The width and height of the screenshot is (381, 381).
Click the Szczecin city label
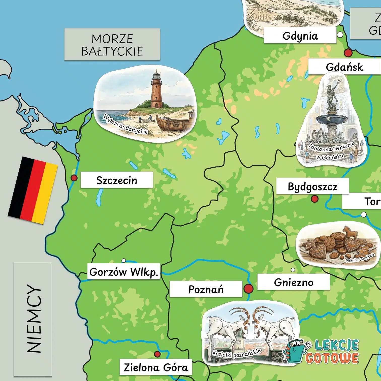tap(117, 180)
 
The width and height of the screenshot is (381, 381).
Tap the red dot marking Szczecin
tap(74, 178)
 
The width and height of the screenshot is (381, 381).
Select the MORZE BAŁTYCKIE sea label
tap(112, 45)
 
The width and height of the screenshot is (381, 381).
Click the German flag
tap(33, 190)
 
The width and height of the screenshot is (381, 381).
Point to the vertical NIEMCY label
tap(33, 319)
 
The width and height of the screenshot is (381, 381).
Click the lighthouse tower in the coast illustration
tap(156, 91)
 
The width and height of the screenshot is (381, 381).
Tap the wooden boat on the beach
tap(171, 123)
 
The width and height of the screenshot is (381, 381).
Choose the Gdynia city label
tap(300, 36)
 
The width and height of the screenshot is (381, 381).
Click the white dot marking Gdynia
tap(340, 35)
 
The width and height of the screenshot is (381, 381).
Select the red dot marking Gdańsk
tap(348, 53)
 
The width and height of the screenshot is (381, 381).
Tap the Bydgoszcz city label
tap(312, 186)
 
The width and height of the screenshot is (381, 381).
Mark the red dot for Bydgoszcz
tap(314, 199)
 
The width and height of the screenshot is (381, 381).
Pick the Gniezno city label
tap(294, 282)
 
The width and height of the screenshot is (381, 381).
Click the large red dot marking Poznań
tap(248, 289)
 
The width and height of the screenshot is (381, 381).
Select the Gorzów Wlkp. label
tap(124, 272)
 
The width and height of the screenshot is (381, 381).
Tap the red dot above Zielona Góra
tap(157, 354)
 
